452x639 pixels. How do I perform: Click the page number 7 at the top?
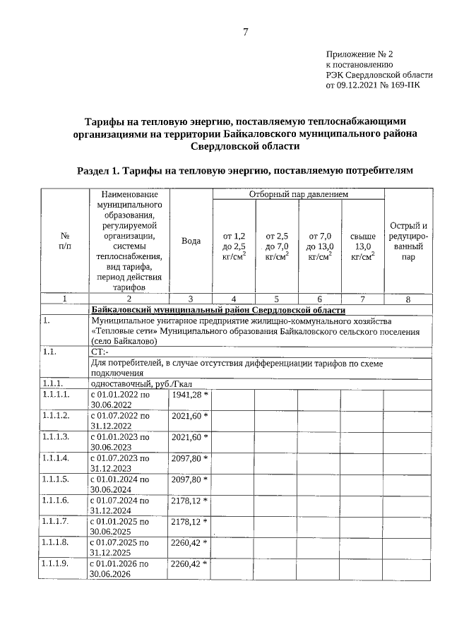coord(245,31)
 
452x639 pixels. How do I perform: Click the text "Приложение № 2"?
coord(359,54)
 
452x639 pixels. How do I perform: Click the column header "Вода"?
coord(191,241)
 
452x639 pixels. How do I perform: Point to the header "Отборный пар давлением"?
coord(298,194)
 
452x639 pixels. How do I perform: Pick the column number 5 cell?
coord(277,299)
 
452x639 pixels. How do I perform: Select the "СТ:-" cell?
coord(100,351)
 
